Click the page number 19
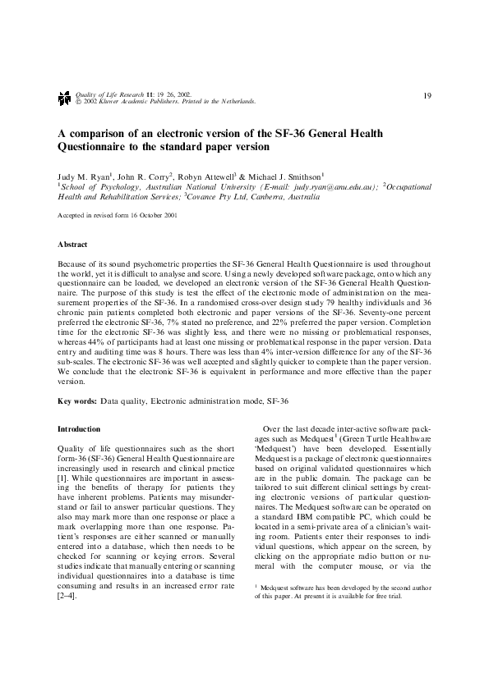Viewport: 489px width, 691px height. tap(427, 96)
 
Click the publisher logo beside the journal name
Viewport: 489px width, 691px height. tap(64, 98)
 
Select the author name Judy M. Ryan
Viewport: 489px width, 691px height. tap(81, 176)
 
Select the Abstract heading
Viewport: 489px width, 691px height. tap(72, 245)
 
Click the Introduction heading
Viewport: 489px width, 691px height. tap(79, 429)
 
